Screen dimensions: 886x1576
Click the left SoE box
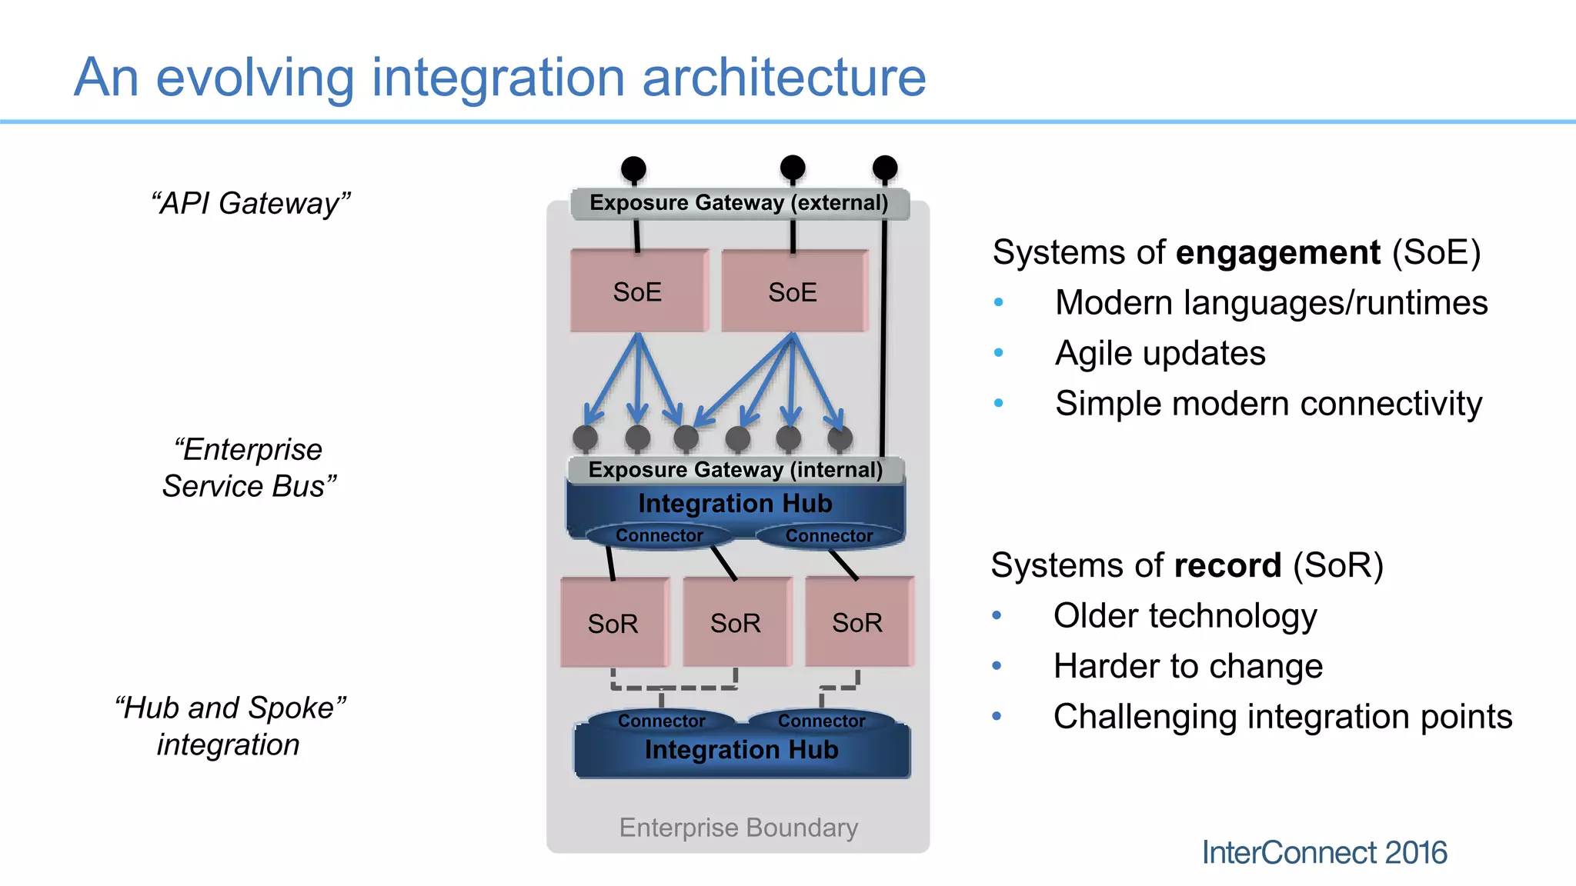click(x=639, y=291)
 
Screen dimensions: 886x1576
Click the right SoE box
click(x=794, y=291)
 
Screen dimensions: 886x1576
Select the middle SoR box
click(x=736, y=622)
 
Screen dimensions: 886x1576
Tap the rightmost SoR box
click(x=858, y=622)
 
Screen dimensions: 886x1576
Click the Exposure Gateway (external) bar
click(x=739, y=203)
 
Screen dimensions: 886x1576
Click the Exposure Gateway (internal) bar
click(x=735, y=470)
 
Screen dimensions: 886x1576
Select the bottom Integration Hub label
click(x=741, y=750)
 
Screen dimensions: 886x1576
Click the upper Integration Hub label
click(x=735, y=504)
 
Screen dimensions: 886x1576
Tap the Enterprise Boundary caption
click(x=738, y=828)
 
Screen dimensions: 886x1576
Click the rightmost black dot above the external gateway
click(x=885, y=167)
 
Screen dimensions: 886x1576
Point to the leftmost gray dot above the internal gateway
click(x=586, y=438)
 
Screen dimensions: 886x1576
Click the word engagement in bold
click(x=1278, y=253)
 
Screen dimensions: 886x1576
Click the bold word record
click(x=1227, y=565)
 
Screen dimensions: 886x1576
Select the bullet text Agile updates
click(x=1160, y=354)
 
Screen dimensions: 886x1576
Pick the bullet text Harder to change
click(x=1187, y=666)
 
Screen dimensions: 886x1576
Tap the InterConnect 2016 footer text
click(x=1324, y=852)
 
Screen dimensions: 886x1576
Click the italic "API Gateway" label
click(x=251, y=204)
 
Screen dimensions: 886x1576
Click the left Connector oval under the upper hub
click(x=659, y=535)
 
